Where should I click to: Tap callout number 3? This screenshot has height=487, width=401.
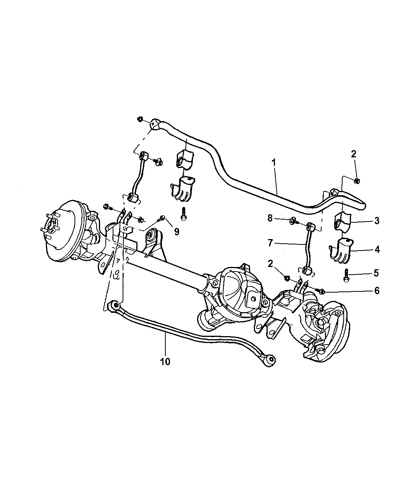377,221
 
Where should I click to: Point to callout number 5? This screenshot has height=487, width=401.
376,273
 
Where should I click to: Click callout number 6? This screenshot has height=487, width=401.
377,291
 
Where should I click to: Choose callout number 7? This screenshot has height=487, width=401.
270,243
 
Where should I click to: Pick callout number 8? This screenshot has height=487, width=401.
270,218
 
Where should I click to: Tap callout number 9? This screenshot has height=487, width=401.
176,231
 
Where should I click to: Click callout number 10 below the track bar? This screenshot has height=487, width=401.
165,361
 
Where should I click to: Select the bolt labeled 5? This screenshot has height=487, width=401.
346,275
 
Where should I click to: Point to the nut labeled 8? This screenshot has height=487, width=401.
292,220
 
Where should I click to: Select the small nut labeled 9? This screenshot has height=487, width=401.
162,218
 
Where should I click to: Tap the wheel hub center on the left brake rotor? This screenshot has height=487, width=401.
51,222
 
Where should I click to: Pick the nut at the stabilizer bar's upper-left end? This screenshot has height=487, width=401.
140,119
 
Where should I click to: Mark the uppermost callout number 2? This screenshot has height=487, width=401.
353,154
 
